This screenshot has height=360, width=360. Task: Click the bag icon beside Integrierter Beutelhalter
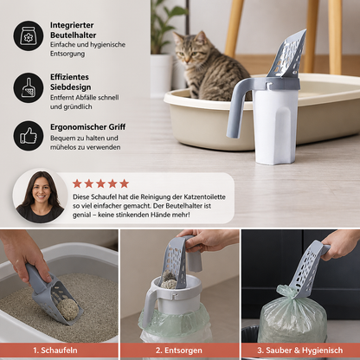tap(29, 35)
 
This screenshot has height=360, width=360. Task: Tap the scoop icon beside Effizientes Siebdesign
tap(29, 87)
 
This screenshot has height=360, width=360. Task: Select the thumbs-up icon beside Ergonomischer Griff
tap(29, 136)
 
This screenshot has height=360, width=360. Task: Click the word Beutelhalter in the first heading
tap(74, 35)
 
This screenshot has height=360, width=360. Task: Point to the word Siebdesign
tap(71, 87)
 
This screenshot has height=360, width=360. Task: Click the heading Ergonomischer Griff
tap(88, 127)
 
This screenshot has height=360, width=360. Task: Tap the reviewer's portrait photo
tap(40, 196)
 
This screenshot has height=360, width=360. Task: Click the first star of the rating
tap(77, 183)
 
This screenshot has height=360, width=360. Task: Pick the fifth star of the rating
tap(125, 183)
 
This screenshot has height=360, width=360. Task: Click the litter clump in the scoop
tap(68, 309)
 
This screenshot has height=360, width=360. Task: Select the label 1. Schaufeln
tap(55, 350)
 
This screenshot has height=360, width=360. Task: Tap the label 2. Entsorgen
tap(179, 350)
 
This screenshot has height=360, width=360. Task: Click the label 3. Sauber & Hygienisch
tap(300, 350)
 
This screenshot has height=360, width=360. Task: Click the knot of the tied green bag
tap(286, 292)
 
